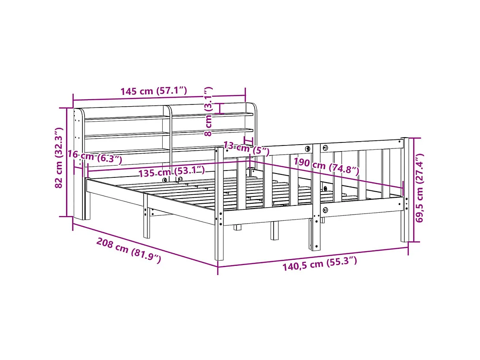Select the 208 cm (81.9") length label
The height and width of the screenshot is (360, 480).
[128, 251]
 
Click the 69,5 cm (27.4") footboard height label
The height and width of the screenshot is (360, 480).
[419, 187]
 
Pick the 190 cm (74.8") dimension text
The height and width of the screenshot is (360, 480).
[326, 166]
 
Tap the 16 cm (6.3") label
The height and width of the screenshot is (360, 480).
[95, 158]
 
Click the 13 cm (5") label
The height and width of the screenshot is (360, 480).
[246, 148]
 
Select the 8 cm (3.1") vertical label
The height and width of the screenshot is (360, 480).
[208, 111]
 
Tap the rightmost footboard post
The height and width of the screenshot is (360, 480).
[404, 190]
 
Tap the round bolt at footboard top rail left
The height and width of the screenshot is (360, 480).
[307, 148]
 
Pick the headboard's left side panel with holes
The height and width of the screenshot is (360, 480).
[79, 142]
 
